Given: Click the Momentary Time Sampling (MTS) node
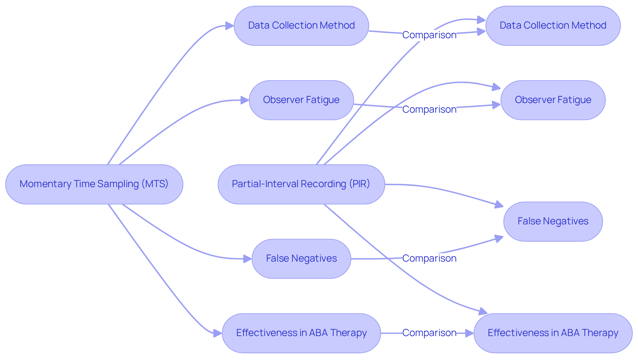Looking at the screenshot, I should (x=94, y=184).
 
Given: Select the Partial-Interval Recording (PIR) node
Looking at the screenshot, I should (x=301, y=184).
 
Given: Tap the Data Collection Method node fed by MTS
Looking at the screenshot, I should (x=301, y=26).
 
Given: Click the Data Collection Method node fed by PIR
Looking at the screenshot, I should (x=553, y=26).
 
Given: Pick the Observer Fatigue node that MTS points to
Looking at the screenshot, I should (x=301, y=100).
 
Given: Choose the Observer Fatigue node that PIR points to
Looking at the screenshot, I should (x=553, y=100).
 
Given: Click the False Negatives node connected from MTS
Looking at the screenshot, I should (x=301, y=259).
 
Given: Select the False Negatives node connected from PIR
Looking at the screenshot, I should (x=553, y=221).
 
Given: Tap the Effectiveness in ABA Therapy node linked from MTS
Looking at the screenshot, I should (x=301, y=333).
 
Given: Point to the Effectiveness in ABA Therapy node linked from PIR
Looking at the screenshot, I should (x=553, y=333).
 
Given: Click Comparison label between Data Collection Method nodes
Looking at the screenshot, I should (x=429, y=35).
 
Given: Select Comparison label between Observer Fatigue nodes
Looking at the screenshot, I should (x=429, y=109).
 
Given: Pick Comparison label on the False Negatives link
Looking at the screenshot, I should (x=429, y=258).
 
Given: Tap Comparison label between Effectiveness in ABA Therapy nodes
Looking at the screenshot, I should (x=429, y=333).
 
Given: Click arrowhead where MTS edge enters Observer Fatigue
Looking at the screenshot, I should (x=245, y=100).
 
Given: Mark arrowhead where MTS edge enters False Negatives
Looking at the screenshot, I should (x=248, y=259).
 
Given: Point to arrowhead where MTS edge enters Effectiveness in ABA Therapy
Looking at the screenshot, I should (x=218, y=333).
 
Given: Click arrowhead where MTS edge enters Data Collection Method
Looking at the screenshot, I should (x=230, y=26).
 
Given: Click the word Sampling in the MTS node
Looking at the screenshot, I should (x=118, y=184).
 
